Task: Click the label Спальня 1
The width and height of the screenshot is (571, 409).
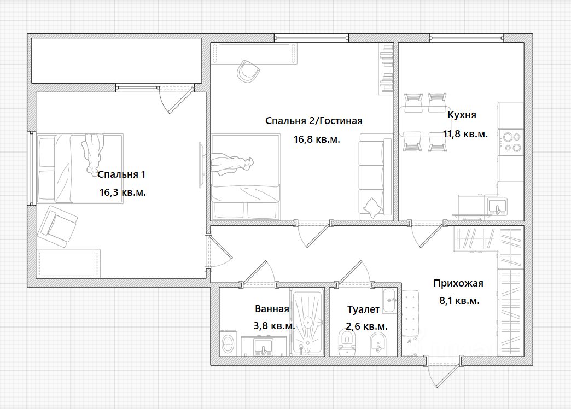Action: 121,174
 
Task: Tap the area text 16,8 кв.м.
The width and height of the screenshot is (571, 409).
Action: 317,139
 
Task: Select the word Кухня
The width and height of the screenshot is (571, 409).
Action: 462,115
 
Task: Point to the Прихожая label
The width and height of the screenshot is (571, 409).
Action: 458,283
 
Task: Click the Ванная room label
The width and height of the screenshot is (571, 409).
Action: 272,309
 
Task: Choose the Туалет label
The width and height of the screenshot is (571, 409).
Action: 363,309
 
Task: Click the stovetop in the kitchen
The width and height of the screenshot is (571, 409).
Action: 511,142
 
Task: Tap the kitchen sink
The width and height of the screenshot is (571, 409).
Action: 496,207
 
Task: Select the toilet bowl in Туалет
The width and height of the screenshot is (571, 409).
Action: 346,343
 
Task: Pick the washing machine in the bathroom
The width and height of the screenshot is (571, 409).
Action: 228,343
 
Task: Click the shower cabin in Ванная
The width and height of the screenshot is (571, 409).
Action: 308,321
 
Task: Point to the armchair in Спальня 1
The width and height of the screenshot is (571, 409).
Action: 58,226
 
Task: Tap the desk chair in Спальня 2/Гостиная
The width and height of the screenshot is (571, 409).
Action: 248,71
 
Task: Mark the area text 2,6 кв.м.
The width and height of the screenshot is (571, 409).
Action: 366,326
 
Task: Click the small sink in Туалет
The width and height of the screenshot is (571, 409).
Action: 389,301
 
